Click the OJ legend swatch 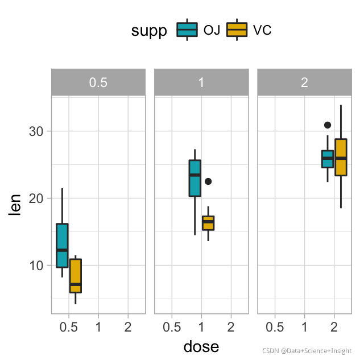tap(187, 30)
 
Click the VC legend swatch tap(237, 30)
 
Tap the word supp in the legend tap(149, 31)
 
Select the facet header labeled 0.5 tap(98, 82)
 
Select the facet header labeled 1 tap(201, 82)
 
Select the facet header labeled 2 tap(304, 82)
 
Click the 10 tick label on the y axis tap(36, 266)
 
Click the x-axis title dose tap(201, 346)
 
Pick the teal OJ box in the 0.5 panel tap(62, 245)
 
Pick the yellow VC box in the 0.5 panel tap(76, 276)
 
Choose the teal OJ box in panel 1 tap(195, 178)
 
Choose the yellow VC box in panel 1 tap(208, 223)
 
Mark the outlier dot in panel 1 tap(208, 181)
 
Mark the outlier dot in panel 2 tap(328, 125)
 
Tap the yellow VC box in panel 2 tap(341, 157)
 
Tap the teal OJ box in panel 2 tap(328, 159)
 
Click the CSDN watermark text tap(307, 351)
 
